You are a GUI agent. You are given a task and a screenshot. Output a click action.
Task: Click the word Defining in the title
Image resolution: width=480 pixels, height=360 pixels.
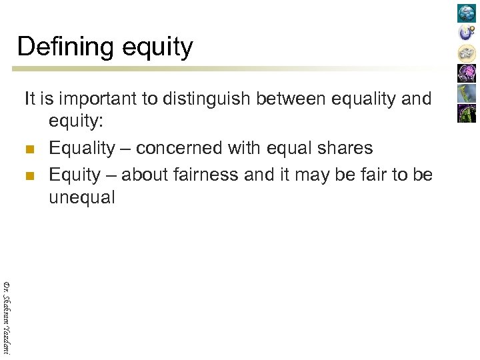click(57, 47)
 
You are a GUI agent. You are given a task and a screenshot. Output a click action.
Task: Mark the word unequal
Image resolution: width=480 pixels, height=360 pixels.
click(82, 198)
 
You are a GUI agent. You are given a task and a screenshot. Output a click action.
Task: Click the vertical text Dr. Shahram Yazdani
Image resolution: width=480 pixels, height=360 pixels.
click(7, 317)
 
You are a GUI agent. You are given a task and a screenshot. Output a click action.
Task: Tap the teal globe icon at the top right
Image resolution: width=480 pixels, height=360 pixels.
click(466, 13)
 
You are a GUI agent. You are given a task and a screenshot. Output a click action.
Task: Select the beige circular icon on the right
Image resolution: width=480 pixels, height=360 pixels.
click(466, 53)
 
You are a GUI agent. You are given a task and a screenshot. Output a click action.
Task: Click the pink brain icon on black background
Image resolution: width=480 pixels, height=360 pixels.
click(466, 73)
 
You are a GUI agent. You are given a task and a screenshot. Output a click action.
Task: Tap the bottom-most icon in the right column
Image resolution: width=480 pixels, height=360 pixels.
click(466, 113)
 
